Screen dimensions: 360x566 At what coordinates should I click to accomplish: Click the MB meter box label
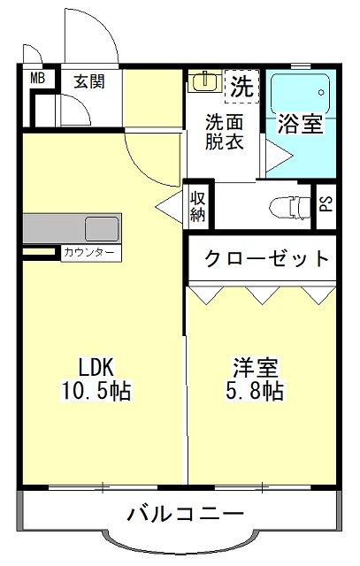(37, 79)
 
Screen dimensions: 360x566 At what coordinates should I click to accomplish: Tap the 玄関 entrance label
(89, 81)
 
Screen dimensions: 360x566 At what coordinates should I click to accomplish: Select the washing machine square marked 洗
(242, 87)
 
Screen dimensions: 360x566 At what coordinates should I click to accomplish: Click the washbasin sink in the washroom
(204, 81)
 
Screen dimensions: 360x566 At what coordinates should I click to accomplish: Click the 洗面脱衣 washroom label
(225, 132)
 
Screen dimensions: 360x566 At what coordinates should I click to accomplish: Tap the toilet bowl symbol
(290, 207)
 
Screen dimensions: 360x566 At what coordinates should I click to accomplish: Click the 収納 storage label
(198, 206)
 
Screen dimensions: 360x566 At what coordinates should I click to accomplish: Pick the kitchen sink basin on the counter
(102, 229)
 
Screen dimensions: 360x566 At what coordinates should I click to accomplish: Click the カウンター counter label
(88, 252)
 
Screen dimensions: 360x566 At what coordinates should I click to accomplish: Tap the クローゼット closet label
(267, 258)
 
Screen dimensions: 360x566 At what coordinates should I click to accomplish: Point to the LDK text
(96, 368)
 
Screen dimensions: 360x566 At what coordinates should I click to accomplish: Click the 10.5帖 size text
(96, 390)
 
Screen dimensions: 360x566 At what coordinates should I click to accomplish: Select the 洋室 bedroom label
(256, 368)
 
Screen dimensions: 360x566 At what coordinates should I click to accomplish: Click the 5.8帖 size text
(255, 390)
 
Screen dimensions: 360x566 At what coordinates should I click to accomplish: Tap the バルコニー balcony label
(185, 513)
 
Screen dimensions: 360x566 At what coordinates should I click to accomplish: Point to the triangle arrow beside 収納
(170, 207)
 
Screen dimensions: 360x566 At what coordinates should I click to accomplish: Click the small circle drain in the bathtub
(321, 92)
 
